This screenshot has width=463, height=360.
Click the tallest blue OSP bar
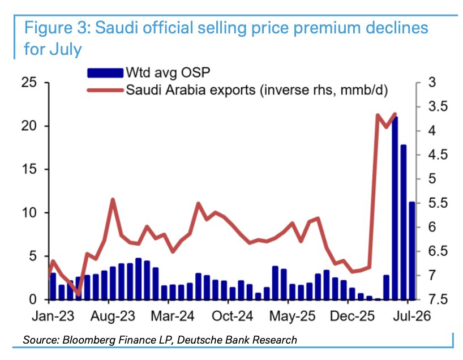[395, 208]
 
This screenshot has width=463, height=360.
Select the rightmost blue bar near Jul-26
[412, 251]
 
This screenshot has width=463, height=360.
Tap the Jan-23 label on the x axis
[53, 316]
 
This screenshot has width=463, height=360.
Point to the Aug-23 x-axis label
[113, 316]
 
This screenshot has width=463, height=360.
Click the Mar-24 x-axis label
[173, 316]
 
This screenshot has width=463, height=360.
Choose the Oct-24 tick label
[233, 316]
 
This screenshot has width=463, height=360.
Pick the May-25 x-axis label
[292, 316]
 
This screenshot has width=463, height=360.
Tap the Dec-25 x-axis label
[352, 316]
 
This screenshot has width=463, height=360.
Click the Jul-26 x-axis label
[412, 316]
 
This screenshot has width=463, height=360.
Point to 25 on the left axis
[29, 83]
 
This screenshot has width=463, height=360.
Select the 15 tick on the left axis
[29, 169]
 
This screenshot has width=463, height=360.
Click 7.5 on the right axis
[438, 299]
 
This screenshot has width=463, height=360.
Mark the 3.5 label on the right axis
[438, 106]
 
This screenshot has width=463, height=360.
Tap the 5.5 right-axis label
[438, 203]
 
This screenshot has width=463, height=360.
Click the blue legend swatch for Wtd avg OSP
[105, 72]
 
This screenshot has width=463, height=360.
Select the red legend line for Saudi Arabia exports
[105, 90]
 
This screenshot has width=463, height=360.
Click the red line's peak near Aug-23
[113, 200]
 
